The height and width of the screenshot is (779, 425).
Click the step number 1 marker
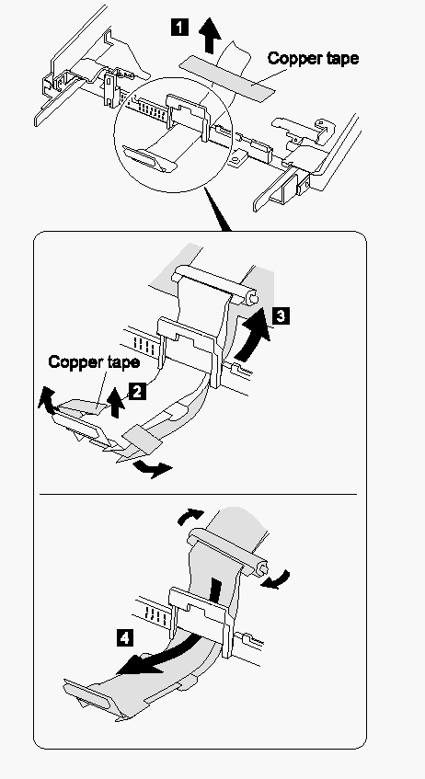click(x=179, y=27)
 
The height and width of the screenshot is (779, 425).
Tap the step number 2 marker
click(x=137, y=391)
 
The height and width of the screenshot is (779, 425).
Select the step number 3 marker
click(x=281, y=315)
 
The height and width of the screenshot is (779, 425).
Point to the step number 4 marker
click(x=124, y=637)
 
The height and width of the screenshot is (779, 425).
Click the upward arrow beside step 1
click(x=209, y=35)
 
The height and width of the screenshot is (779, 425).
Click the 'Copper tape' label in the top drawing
click(x=313, y=58)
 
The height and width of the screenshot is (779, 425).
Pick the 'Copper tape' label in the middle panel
click(x=94, y=361)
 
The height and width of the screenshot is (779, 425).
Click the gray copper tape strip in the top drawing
click(x=226, y=76)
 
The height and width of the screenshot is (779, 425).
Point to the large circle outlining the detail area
click(x=114, y=134)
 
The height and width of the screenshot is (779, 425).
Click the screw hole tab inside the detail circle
click(x=235, y=159)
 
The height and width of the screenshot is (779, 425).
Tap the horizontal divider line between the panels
click(x=198, y=494)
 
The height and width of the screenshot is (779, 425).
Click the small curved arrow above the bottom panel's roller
click(x=190, y=517)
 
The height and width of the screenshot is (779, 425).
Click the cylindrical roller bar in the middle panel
click(x=215, y=285)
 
